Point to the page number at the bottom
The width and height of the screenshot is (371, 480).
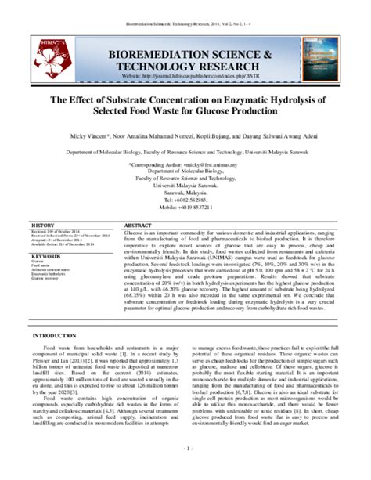(185, 471)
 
